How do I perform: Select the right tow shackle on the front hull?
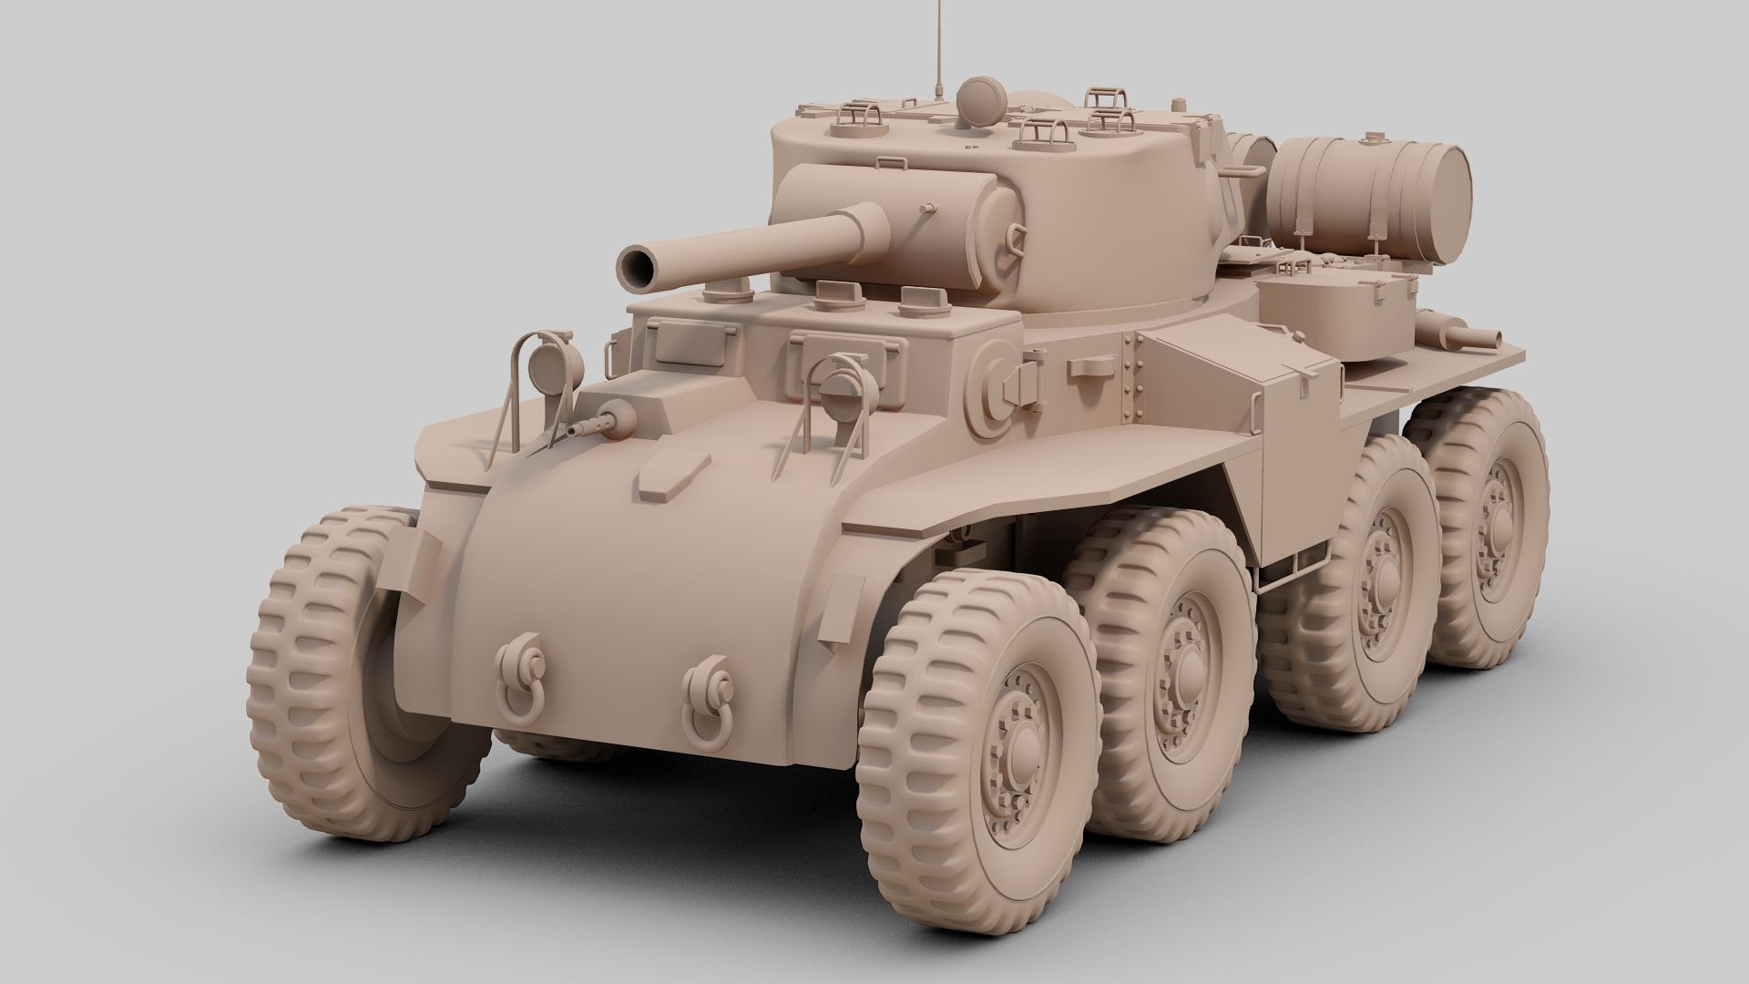point(709,696)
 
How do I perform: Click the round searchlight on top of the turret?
point(981,96)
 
